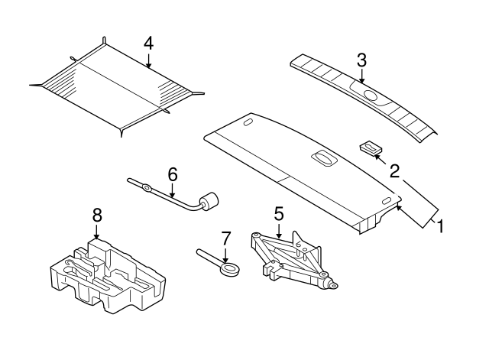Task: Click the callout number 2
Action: (x=395, y=170)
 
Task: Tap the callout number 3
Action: (x=362, y=60)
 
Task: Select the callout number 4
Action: (x=148, y=43)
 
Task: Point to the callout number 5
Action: (x=279, y=212)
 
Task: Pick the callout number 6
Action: (x=173, y=175)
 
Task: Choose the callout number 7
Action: (x=225, y=238)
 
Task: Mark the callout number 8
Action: (x=97, y=216)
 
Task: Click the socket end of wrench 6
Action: (x=206, y=202)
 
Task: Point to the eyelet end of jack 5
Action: (x=332, y=284)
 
